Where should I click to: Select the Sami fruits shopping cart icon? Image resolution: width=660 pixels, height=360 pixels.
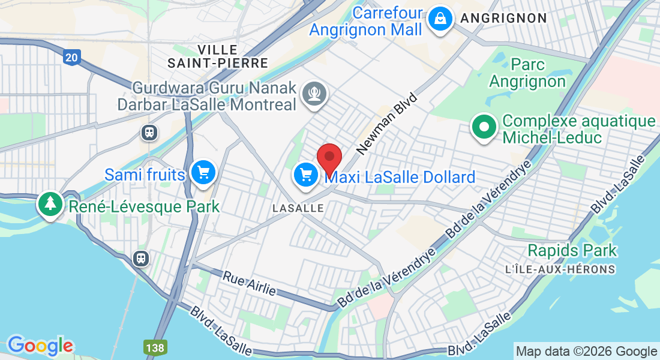tap(203, 173)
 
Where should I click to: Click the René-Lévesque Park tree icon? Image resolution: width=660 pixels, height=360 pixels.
tap(50, 204)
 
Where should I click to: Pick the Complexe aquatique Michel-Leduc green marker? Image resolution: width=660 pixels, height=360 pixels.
tap(484, 127)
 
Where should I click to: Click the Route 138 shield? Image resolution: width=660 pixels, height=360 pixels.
tap(152, 347)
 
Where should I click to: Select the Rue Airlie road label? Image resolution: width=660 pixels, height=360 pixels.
tap(249, 284)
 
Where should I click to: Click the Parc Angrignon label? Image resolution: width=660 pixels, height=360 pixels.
tap(527, 72)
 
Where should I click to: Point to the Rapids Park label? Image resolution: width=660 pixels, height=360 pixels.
tap(572, 250)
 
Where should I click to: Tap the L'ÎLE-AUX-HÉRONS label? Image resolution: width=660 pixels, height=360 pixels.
tap(560, 269)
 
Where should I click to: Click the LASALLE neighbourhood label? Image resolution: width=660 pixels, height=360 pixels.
tap(298, 208)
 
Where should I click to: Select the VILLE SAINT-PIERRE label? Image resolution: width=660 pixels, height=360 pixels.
tap(209, 56)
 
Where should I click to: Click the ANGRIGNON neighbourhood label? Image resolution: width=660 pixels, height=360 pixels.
tap(503, 18)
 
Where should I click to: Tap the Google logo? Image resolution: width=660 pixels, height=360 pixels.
tap(40, 346)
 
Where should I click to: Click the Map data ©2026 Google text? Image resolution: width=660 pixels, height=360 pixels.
tap(586, 352)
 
